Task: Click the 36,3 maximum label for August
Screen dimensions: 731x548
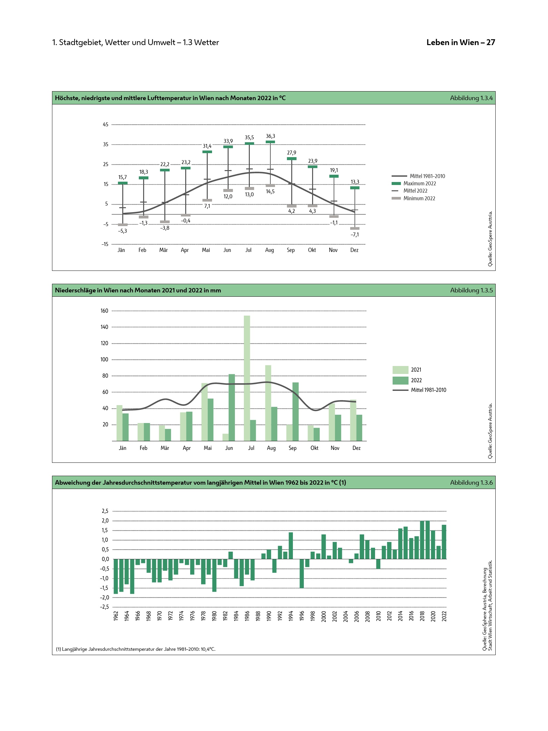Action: (x=270, y=136)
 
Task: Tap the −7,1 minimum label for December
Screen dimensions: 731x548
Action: (x=355, y=235)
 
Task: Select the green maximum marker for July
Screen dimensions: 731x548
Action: (x=249, y=144)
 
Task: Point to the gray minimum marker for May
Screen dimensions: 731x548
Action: (x=207, y=200)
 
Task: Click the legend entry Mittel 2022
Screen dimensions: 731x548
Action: (x=415, y=191)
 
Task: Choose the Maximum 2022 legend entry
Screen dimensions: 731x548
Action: (x=419, y=184)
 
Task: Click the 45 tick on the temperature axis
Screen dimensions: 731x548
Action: (x=105, y=125)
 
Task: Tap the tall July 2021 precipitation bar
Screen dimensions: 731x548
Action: (x=247, y=378)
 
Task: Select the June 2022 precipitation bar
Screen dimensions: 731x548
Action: (x=232, y=407)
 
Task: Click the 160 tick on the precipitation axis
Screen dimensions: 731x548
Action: (x=104, y=311)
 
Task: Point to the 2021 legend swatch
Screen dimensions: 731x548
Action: (x=400, y=370)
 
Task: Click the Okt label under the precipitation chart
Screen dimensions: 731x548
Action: (x=314, y=448)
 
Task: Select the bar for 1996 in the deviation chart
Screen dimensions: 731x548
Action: (x=301, y=573)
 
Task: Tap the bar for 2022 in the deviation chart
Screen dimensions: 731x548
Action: (x=444, y=542)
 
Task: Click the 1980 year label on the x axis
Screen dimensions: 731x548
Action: (x=214, y=616)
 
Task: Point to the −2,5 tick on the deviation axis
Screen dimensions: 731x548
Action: (x=104, y=607)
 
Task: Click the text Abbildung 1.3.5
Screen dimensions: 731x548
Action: (x=471, y=290)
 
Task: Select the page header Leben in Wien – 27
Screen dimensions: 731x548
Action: (x=461, y=42)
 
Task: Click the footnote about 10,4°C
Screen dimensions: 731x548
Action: (x=136, y=649)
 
